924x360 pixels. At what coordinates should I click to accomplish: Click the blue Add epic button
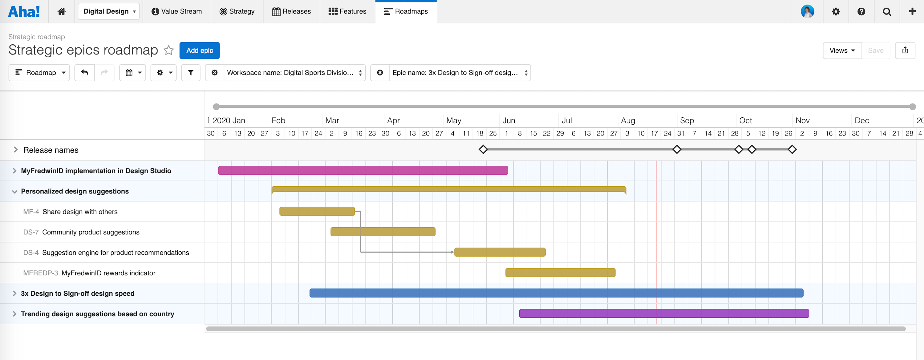pyautogui.click(x=200, y=51)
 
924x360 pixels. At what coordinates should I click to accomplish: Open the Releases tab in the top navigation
pyautogui.click(x=291, y=11)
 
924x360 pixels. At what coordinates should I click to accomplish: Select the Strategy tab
pyautogui.click(x=237, y=11)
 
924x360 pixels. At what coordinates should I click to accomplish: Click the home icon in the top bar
pyautogui.click(x=62, y=11)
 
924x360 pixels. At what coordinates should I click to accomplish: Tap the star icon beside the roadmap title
pyautogui.click(x=168, y=50)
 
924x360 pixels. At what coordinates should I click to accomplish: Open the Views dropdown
pyautogui.click(x=842, y=51)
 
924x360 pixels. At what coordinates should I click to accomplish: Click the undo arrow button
pyautogui.click(x=85, y=73)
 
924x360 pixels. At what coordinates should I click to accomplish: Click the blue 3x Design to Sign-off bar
pyautogui.click(x=556, y=293)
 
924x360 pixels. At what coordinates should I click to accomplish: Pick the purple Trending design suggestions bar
pyautogui.click(x=664, y=314)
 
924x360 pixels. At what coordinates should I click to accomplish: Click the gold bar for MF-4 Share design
pyautogui.click(x=317, y=212)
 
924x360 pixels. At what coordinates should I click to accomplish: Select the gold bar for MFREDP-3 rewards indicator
pyautogui.click(x=560, y=273)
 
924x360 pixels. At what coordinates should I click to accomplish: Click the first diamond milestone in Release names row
pyautogui.click(x=483, y=150)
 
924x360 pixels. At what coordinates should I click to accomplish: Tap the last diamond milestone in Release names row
pyautogui.click(x=792, y=150)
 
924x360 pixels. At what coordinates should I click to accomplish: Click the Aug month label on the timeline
pyautogui.click(x=628, y=120)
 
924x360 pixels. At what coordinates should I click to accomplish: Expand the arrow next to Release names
pyautogui.click(x=15, y=150)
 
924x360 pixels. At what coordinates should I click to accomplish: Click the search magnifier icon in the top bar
pyautogui.click(x=887, y=12)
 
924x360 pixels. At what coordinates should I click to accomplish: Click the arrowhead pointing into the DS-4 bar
pyautogui.click(x=452, y=252)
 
